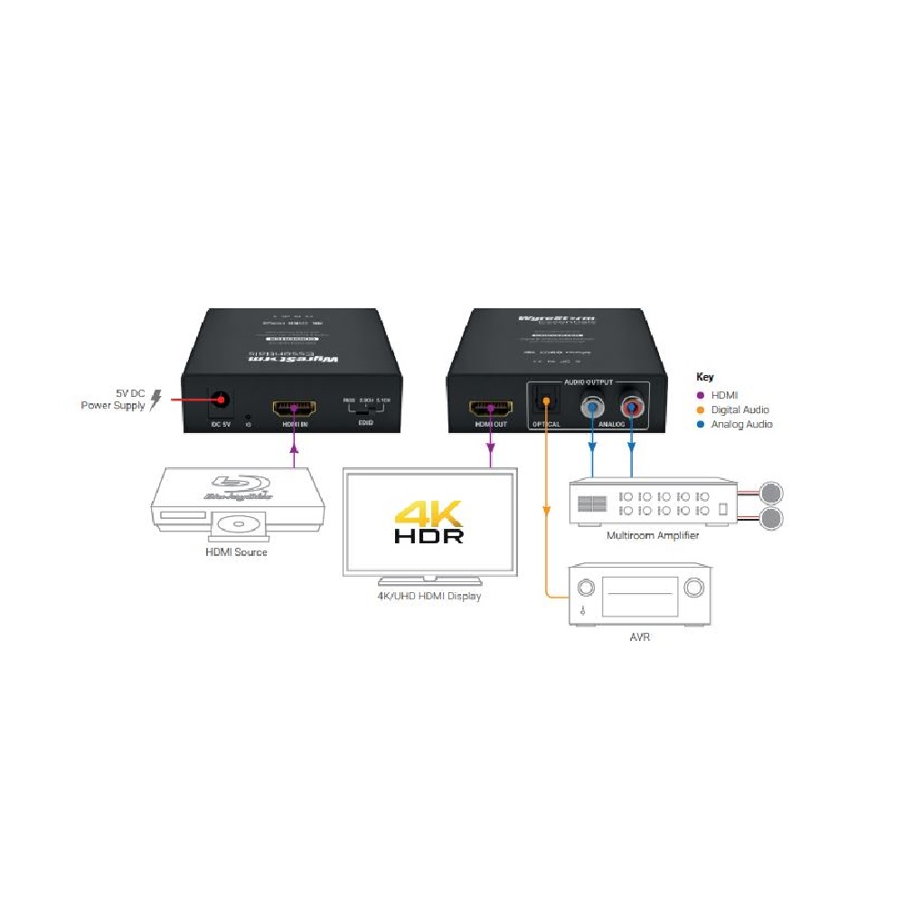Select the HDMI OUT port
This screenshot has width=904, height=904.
tap(490, 408)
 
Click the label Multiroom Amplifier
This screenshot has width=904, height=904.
tap(653, 535)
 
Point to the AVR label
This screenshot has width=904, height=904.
tap(640, 637)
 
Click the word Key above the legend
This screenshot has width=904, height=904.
tap(705, 376)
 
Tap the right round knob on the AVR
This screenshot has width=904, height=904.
tap(693, 589)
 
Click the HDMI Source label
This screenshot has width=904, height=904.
tap(238, 552)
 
